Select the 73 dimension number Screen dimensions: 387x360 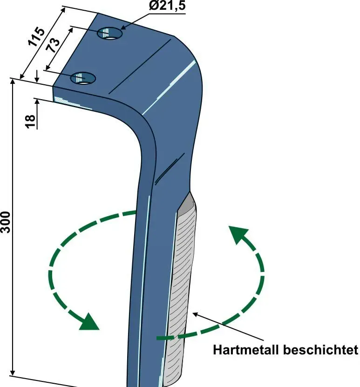click(54, 45)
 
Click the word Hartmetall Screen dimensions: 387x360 click(246, 350)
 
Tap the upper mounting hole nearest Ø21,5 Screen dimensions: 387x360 click(110, 34)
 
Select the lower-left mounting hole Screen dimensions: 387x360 click(83, 78)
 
